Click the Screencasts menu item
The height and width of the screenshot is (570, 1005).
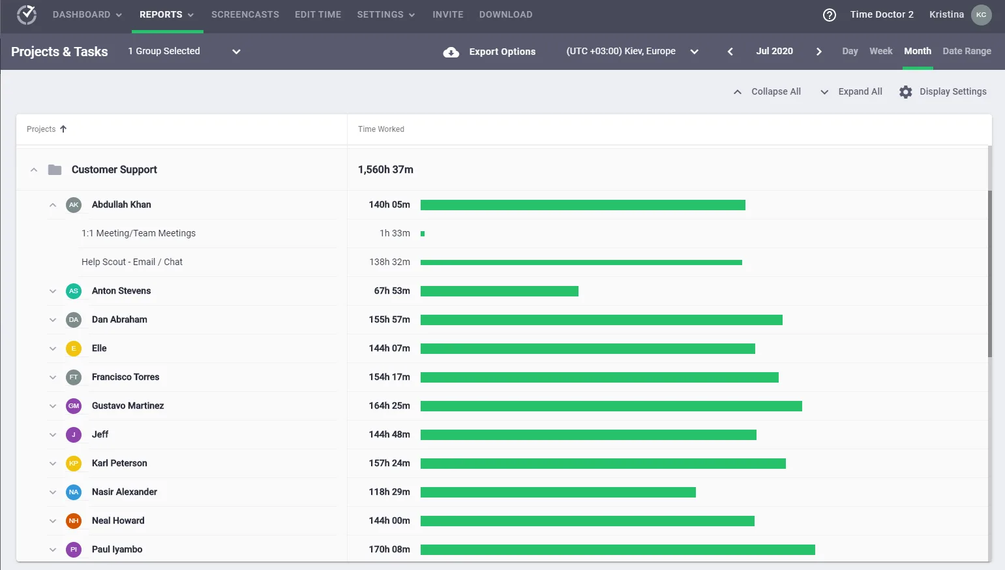click(245, 14)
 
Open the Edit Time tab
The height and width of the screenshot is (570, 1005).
click(318, 14)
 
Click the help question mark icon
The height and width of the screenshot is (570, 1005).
click(829, 15)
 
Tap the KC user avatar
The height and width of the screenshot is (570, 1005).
click(982, 15)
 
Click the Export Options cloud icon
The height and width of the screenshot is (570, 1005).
click(451, 52)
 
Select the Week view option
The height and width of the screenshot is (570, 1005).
click(880, 51)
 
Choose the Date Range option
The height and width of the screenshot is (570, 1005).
click(967, 51)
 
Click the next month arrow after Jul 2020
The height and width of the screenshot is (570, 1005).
click(819, 52)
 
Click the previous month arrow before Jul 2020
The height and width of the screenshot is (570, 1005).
click(730, 52)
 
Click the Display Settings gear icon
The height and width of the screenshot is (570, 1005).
click(905, 91)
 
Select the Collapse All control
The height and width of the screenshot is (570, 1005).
click(767, 91)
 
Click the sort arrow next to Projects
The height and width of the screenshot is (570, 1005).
click(63, 129)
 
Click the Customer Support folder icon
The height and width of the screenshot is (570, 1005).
click(55, 170)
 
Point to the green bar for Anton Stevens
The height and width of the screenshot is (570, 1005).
click(500, 291)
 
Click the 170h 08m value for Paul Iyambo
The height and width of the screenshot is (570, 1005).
click(389, 549)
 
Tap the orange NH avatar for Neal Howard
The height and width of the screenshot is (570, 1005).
click(74, 520)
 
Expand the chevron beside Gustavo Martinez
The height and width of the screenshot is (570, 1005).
click(52, 406)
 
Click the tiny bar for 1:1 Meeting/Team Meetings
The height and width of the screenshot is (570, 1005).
click(423, 234)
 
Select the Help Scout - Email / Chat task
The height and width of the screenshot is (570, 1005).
click(132, 262)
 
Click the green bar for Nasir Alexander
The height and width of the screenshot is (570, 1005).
click(558, 492)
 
